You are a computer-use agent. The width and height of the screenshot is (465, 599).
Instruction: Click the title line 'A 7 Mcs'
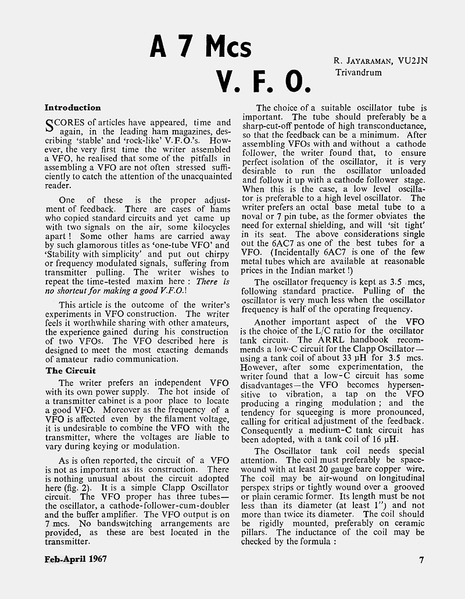coord(201,48)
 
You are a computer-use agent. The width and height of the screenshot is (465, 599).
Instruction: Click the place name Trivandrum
coord(358,73)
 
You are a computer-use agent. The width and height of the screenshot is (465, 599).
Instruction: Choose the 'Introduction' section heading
coord(73,107)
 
